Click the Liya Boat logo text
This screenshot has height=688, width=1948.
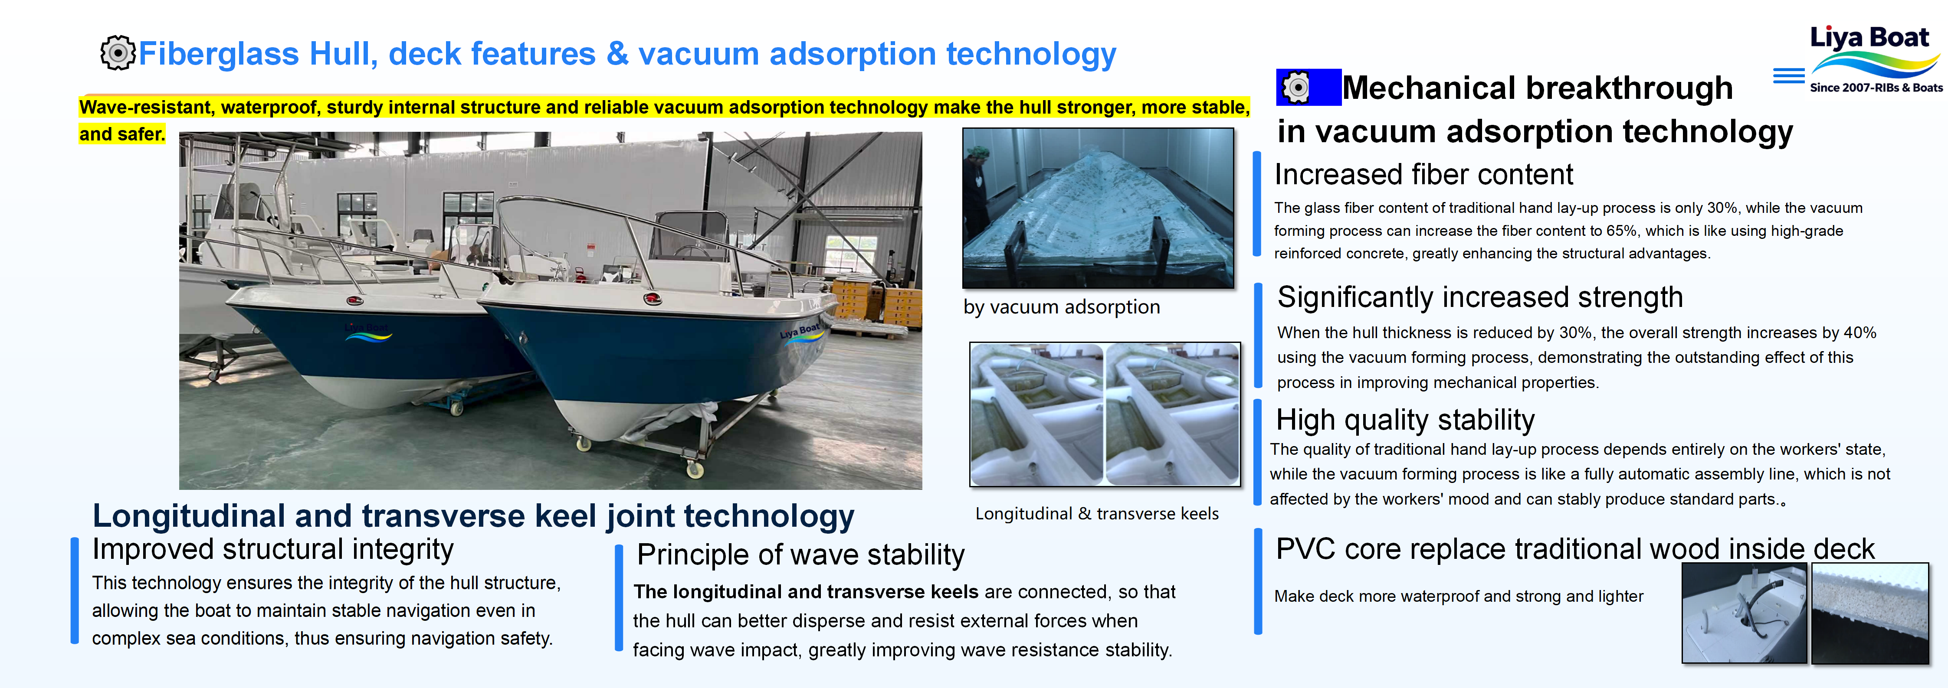coord(1869,38)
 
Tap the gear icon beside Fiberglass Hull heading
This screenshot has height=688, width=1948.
coord(117,53)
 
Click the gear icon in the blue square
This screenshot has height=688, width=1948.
coord(1296,88)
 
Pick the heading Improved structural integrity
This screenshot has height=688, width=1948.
coord(273,550)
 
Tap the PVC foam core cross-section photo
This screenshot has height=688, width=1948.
coord(1870,613)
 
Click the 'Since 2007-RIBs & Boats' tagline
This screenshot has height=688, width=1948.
coord(1876,88)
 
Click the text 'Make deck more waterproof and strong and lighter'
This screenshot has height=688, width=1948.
coord(1459,597)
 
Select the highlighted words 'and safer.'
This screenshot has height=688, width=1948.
coord(122,134)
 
